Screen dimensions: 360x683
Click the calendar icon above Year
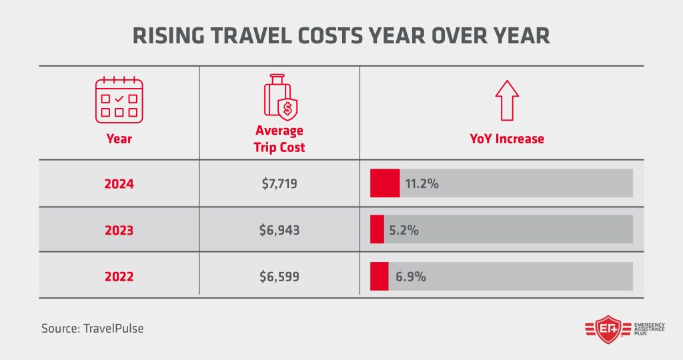[119, 101]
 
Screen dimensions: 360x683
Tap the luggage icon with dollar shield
[279, 99]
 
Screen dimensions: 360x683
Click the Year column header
[119, 139]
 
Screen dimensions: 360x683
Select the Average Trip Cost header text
[279, 139]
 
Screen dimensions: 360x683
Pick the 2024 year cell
[119, 184]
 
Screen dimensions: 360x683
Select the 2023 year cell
[119, 231]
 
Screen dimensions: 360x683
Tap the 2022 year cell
[119, 276]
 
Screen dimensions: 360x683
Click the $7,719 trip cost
[279, 184]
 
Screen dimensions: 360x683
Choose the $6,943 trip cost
[279, 231]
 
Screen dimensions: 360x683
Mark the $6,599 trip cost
[279, 276]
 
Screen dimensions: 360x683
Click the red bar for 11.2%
[385, 183]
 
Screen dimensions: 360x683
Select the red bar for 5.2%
[377, 229]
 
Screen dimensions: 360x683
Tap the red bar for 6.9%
[379, 276]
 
